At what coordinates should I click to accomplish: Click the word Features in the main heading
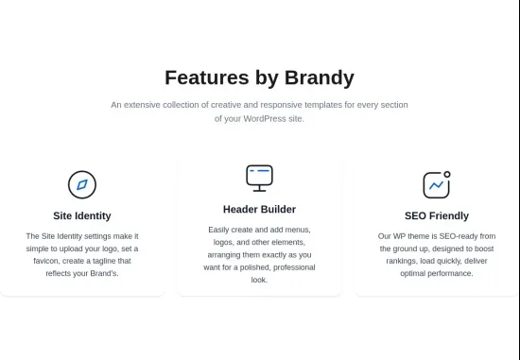pos(207,77)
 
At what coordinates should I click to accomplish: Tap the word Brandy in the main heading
pos(320,78)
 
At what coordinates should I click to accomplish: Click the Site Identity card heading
pos(82,215)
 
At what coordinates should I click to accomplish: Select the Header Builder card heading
pos(259,210)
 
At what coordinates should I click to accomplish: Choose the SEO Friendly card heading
pos(437,215)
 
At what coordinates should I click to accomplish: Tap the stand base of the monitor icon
pos(259,191)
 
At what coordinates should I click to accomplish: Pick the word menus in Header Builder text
pos(298,230)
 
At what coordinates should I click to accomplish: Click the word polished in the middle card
pos(255,267)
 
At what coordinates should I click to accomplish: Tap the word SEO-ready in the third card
pos(459,236)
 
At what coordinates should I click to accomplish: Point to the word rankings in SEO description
pos(401,261)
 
